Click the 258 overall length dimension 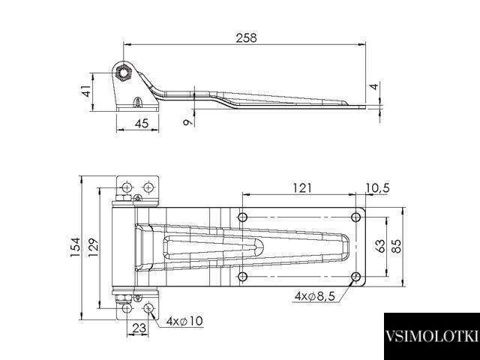tap(246, 38)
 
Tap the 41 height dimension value tap(87, 91)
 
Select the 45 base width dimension tap(142, 123)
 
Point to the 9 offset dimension tap(187, 121)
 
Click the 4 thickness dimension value tap(374, 87)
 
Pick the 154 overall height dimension tap(75, 247)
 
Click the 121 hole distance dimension tap(301, 188)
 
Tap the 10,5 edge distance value tap(377, 188)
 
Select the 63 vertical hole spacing tap(380, 246)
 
